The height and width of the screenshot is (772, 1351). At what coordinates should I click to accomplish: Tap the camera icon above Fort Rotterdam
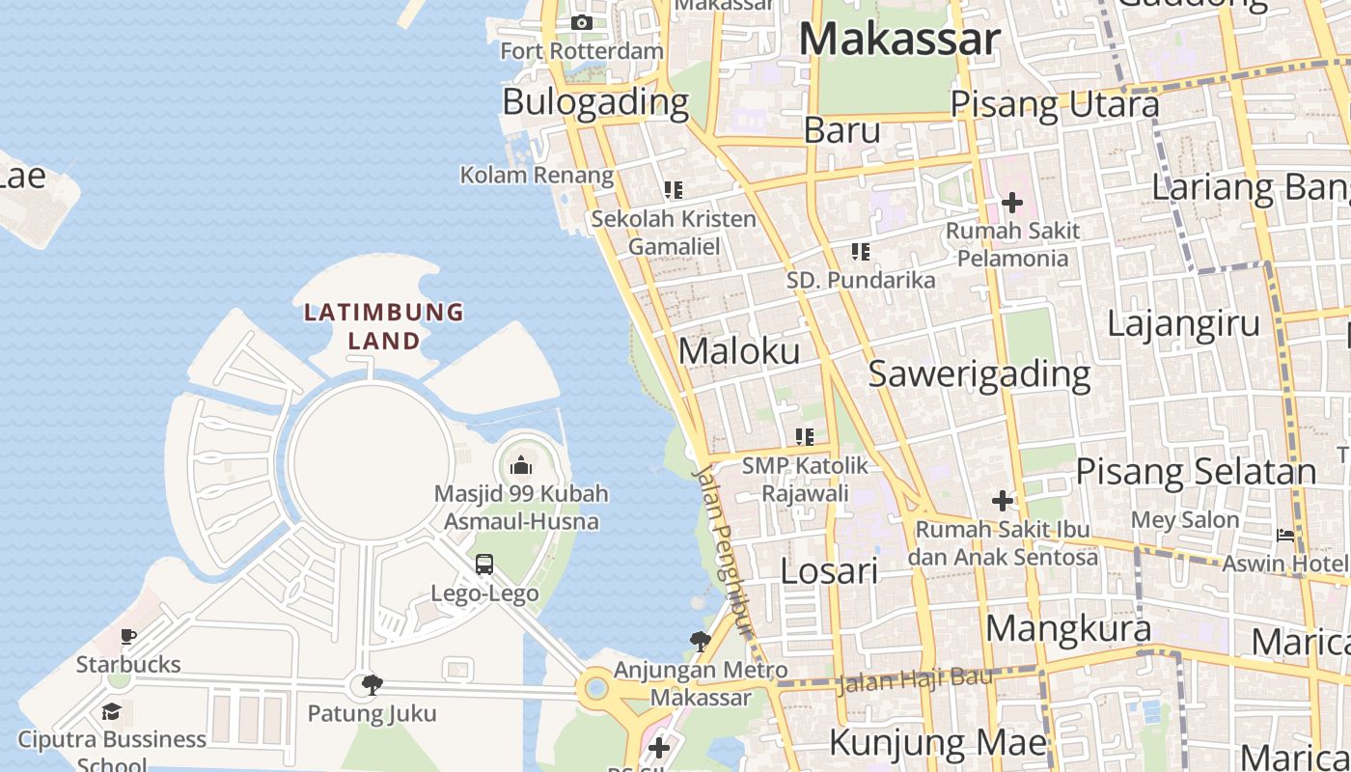[582, 22]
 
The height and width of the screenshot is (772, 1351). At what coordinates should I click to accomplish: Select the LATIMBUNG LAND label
[384, 326]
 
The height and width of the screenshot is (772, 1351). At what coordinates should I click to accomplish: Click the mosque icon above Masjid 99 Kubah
[521, 466]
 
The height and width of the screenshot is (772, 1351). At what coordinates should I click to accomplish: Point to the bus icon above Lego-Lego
[484, 565]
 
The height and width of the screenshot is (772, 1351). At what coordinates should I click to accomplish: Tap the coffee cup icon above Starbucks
[128, 636]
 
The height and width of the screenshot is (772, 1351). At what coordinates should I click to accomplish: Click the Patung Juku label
[372, 714]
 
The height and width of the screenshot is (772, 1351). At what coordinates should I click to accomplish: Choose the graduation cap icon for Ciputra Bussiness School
[112, 712]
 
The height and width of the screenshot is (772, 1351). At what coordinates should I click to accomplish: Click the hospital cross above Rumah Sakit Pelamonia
[1012, 203]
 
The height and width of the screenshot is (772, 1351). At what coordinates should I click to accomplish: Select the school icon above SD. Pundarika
[861, 252]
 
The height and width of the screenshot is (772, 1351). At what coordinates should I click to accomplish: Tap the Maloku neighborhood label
[739, 351]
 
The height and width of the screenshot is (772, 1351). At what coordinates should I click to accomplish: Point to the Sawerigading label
[979, 374]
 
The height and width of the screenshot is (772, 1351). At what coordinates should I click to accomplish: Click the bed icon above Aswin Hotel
[1285, 536]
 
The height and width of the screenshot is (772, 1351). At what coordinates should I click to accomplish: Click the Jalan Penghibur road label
[724, 551]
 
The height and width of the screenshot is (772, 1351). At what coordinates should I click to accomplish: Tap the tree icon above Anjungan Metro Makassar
[701, 641]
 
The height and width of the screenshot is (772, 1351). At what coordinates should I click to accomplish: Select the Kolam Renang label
[537, 175]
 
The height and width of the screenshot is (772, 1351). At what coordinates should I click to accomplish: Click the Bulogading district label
[595, 101]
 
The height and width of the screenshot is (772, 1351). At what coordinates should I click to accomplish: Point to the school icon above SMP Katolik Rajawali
[805, 437]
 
